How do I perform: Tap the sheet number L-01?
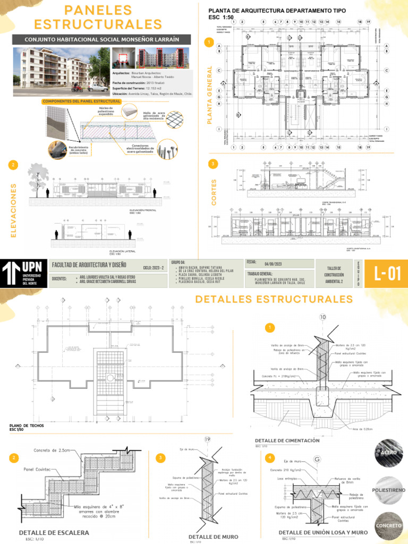coord(386,274)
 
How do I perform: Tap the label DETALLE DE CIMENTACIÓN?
coord(287,440)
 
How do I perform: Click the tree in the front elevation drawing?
coord(38,176)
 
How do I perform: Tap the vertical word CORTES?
coord(214,192)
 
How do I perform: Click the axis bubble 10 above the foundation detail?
coord(322,317)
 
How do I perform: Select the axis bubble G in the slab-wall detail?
coord(317,458)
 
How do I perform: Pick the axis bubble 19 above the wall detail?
coord(207,439)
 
